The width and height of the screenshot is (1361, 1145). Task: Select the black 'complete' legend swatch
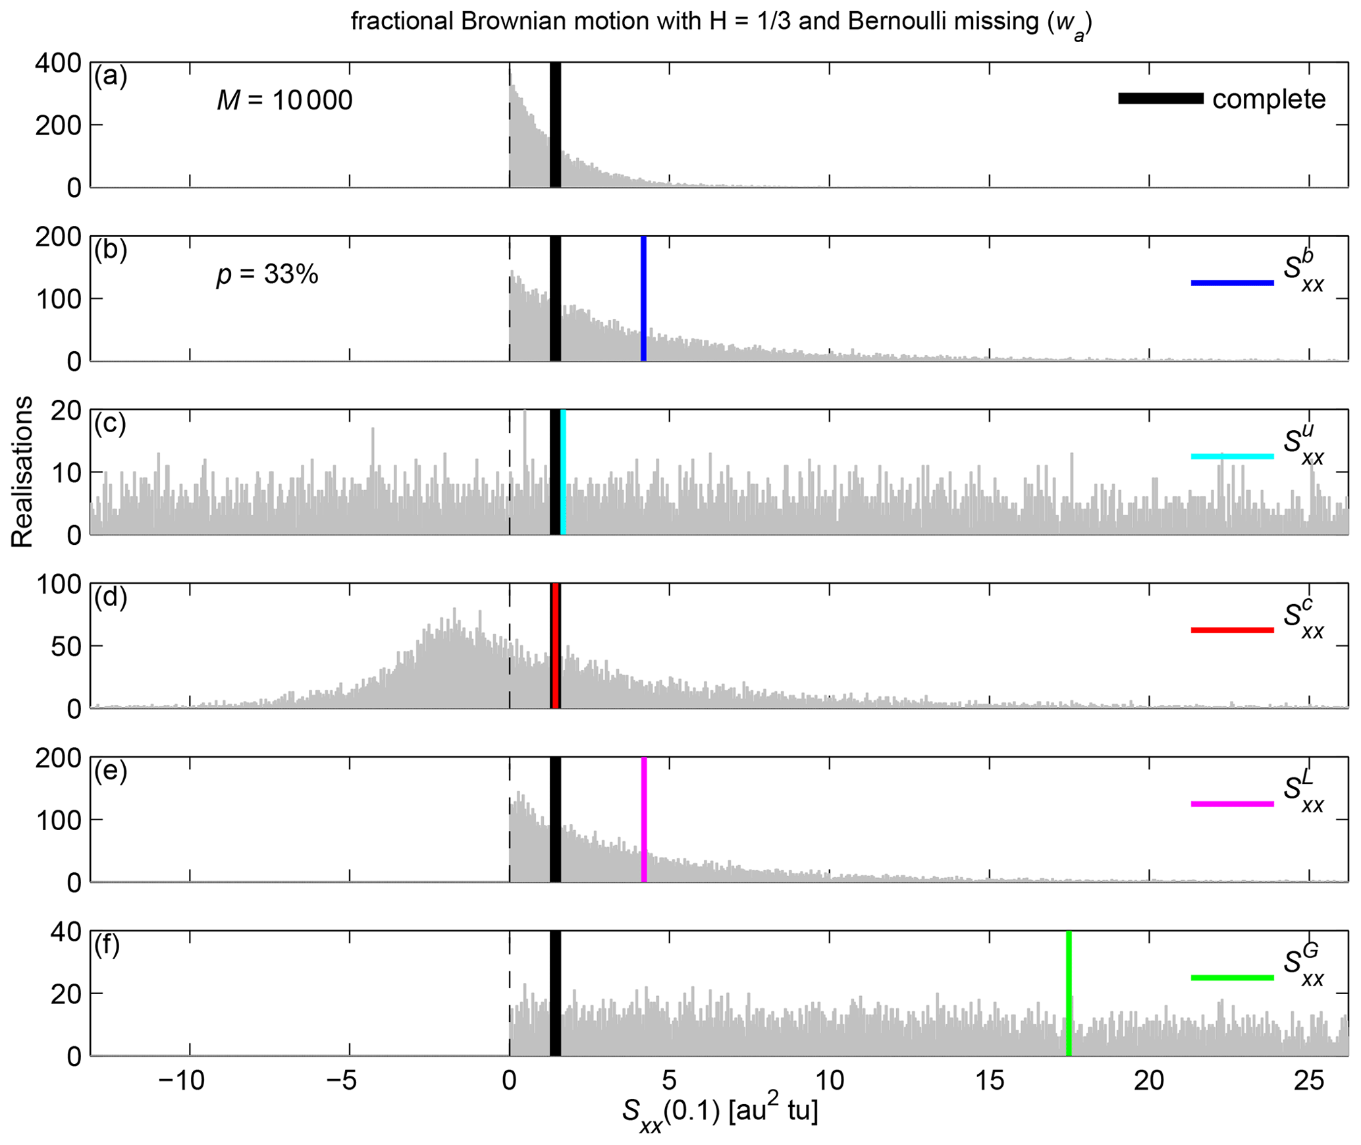click(1160, 99)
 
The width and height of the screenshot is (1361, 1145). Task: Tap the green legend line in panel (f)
click(1232, 978)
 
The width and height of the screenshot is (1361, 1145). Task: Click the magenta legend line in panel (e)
click(1232, 804)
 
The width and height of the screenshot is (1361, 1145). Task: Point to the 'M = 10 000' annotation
click(284, 100)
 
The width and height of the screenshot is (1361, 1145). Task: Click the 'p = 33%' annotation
click(267, 274)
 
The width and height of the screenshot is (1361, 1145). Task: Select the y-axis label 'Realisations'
click(22, 472)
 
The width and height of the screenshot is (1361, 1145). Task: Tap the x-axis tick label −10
click(183, 1081)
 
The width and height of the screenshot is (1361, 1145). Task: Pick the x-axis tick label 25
click(1309, 1081)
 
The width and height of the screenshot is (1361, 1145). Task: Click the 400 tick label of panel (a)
click(58, 64)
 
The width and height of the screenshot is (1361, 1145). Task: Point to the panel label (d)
click(110, 597)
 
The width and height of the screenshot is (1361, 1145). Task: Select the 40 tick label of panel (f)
click(66, 932)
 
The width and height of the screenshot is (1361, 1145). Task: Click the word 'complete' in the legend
click(1269, 99)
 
